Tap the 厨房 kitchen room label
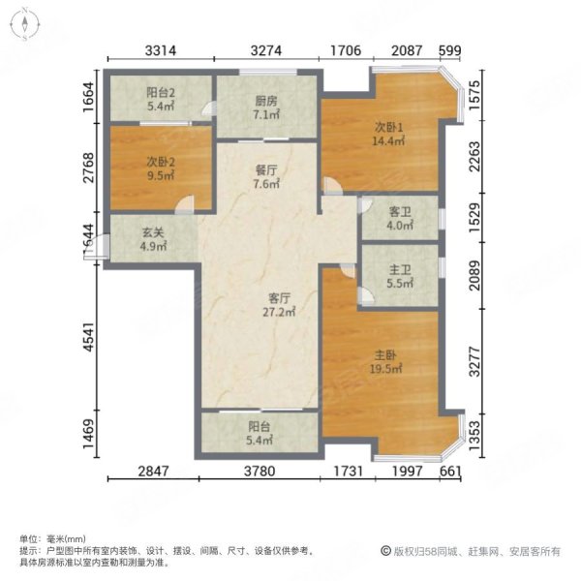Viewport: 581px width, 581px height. [x=266, y=99]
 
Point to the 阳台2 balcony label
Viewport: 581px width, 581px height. [x=161, y=93]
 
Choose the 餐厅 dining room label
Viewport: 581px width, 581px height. [x=266, y=169]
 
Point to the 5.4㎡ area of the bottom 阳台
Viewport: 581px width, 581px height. [x=259, y=440]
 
